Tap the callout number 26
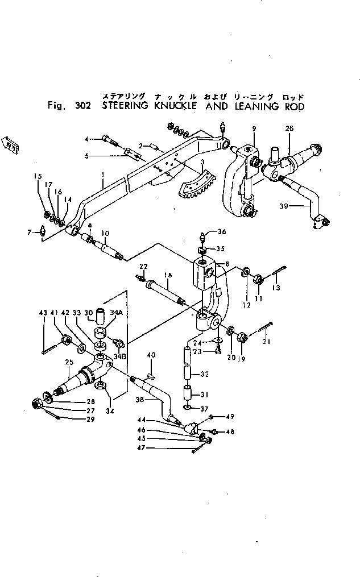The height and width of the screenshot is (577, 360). [x=289, y=128]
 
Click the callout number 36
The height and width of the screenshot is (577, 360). [x=222, y=231]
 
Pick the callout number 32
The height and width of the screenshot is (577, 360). [x=204, y=374]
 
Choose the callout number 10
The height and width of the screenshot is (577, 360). [x=105, y=234]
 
